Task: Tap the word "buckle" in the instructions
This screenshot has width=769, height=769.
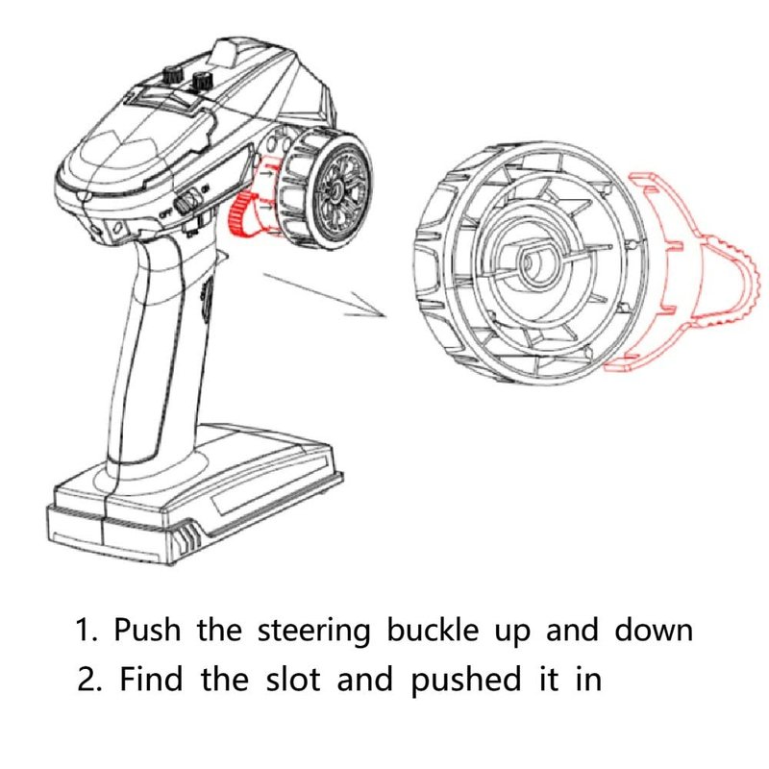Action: (x=434, y=632)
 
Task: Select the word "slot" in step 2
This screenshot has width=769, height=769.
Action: (x=294, y=680)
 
